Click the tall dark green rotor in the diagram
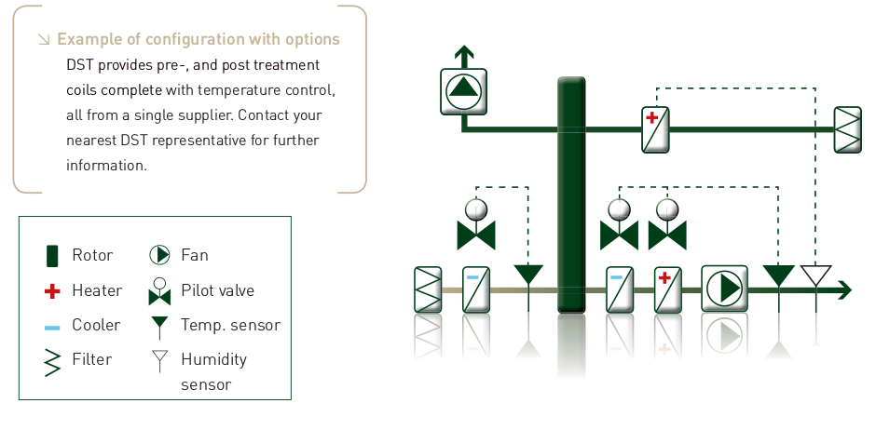pyautogui.click(x=571, y=195)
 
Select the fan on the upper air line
pyautogui.click(x=461, y=90)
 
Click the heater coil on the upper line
pyautogui.click(x=656, y=128)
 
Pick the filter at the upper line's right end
pyautogui.click(x=847, y=128)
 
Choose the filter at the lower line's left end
pyautogui.click(x=428, y=289)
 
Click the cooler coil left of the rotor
pyautogui.click(x=476, y=289)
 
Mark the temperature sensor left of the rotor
pyautogui.click(x=528, y=275)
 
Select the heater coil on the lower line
pyautogui.click(x=667, y=289)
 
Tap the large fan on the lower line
pyautogui.click(x=724, y=289)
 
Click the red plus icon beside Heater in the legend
pyautogui.click(x=52, y=291)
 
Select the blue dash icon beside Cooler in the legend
pyautogui.click(x=52, y=326)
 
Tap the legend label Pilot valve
pyautogui.click(x=217, y=290)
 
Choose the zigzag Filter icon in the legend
pyautogui.click(x=52, y=359)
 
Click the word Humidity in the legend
pyautogui.click(x=213, y=359)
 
